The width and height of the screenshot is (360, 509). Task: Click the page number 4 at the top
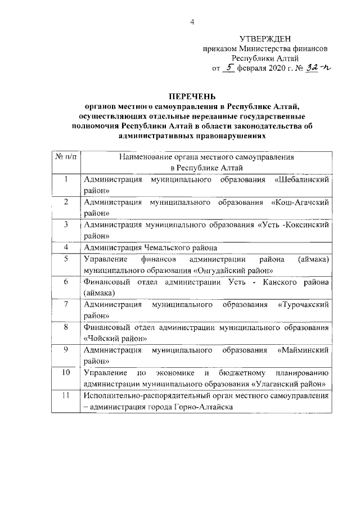point(192,22)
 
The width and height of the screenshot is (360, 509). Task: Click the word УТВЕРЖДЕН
point(265,39)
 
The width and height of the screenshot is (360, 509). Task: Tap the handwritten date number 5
point(229,68)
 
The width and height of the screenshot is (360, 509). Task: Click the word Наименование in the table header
point(145,159)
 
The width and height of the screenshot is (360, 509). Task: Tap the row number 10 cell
point(66,372)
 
